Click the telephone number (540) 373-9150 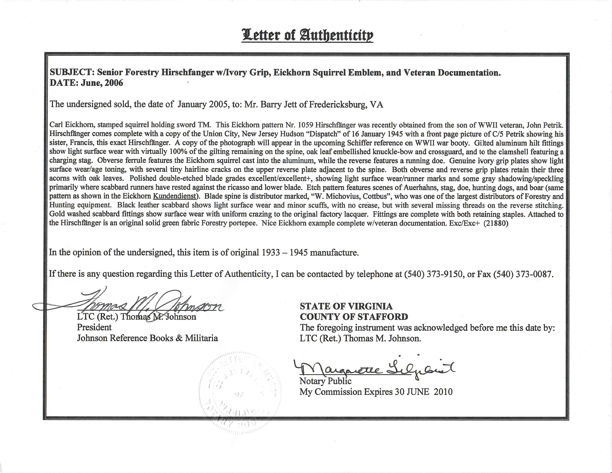tap(433, 274)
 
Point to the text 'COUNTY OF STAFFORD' tap(354, 317)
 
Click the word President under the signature tap(94, 327)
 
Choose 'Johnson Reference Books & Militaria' tap(147, 338)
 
